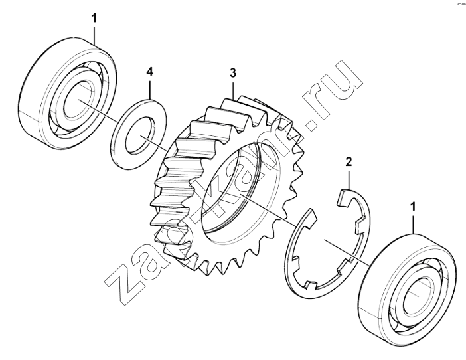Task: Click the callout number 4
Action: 150,72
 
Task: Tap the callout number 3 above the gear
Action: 233,72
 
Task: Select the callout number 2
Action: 349,162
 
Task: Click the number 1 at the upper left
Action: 94,19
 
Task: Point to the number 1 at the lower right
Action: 413,207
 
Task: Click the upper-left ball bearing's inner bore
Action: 78,100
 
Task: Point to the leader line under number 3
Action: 233,88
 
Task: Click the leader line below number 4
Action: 150,88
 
